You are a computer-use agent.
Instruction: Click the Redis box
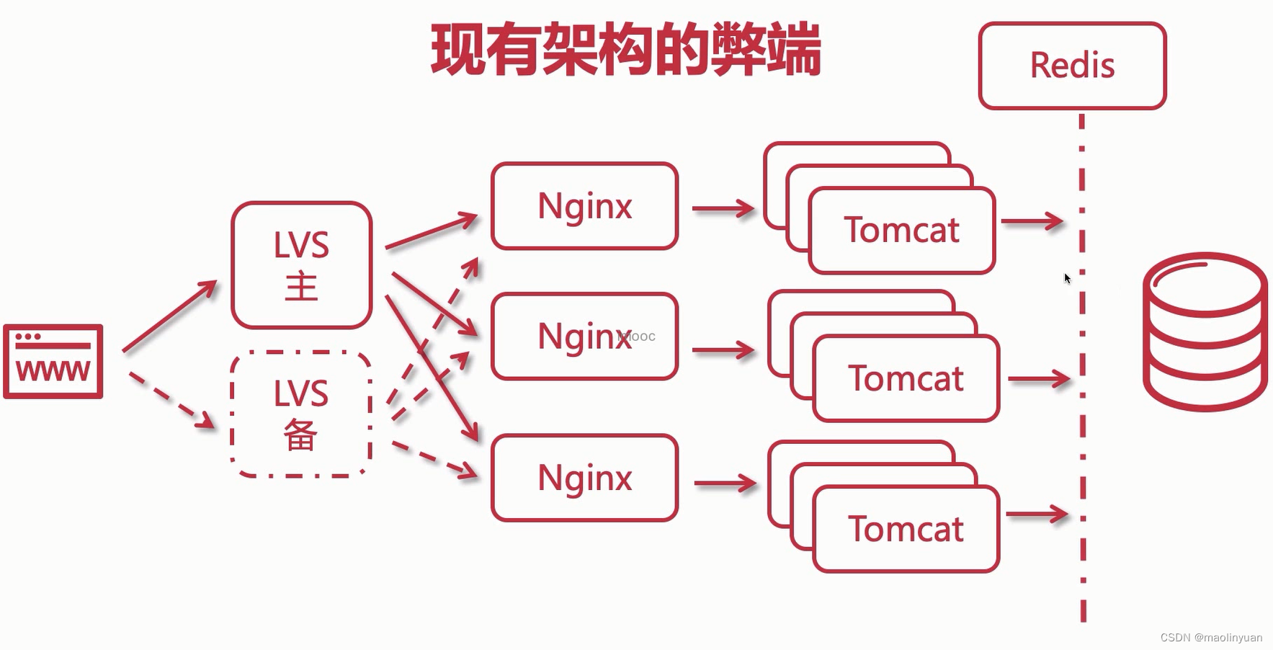coord(1072,66)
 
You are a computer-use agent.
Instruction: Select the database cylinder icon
coord(1205,331)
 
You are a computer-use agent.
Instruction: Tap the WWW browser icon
coord(53,361)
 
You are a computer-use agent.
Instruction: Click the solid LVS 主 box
coord(301,265)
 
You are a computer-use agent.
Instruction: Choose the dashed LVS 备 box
coord(301,414)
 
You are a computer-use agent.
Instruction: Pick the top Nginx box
coord(584,206)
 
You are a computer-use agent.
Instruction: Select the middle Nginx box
coord(584,337)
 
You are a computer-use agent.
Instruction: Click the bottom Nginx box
coord(584,478)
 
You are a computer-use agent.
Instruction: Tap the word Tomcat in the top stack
coord(901,231)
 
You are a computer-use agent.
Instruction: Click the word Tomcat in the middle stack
coord(906,379)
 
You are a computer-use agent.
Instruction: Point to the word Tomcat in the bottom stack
coord(906,530)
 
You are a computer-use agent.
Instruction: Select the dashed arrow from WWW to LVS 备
coord(171,400)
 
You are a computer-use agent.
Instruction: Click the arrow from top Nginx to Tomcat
coord(723,209)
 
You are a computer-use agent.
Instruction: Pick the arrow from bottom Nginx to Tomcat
coord(725,484)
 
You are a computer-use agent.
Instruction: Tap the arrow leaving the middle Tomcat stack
coord(1039,379)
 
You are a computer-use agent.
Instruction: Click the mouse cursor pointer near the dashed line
coord(1067,278)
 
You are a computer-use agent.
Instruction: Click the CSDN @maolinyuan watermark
coord(1211,638)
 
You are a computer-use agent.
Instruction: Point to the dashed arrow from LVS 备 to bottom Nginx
coord(434,459)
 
